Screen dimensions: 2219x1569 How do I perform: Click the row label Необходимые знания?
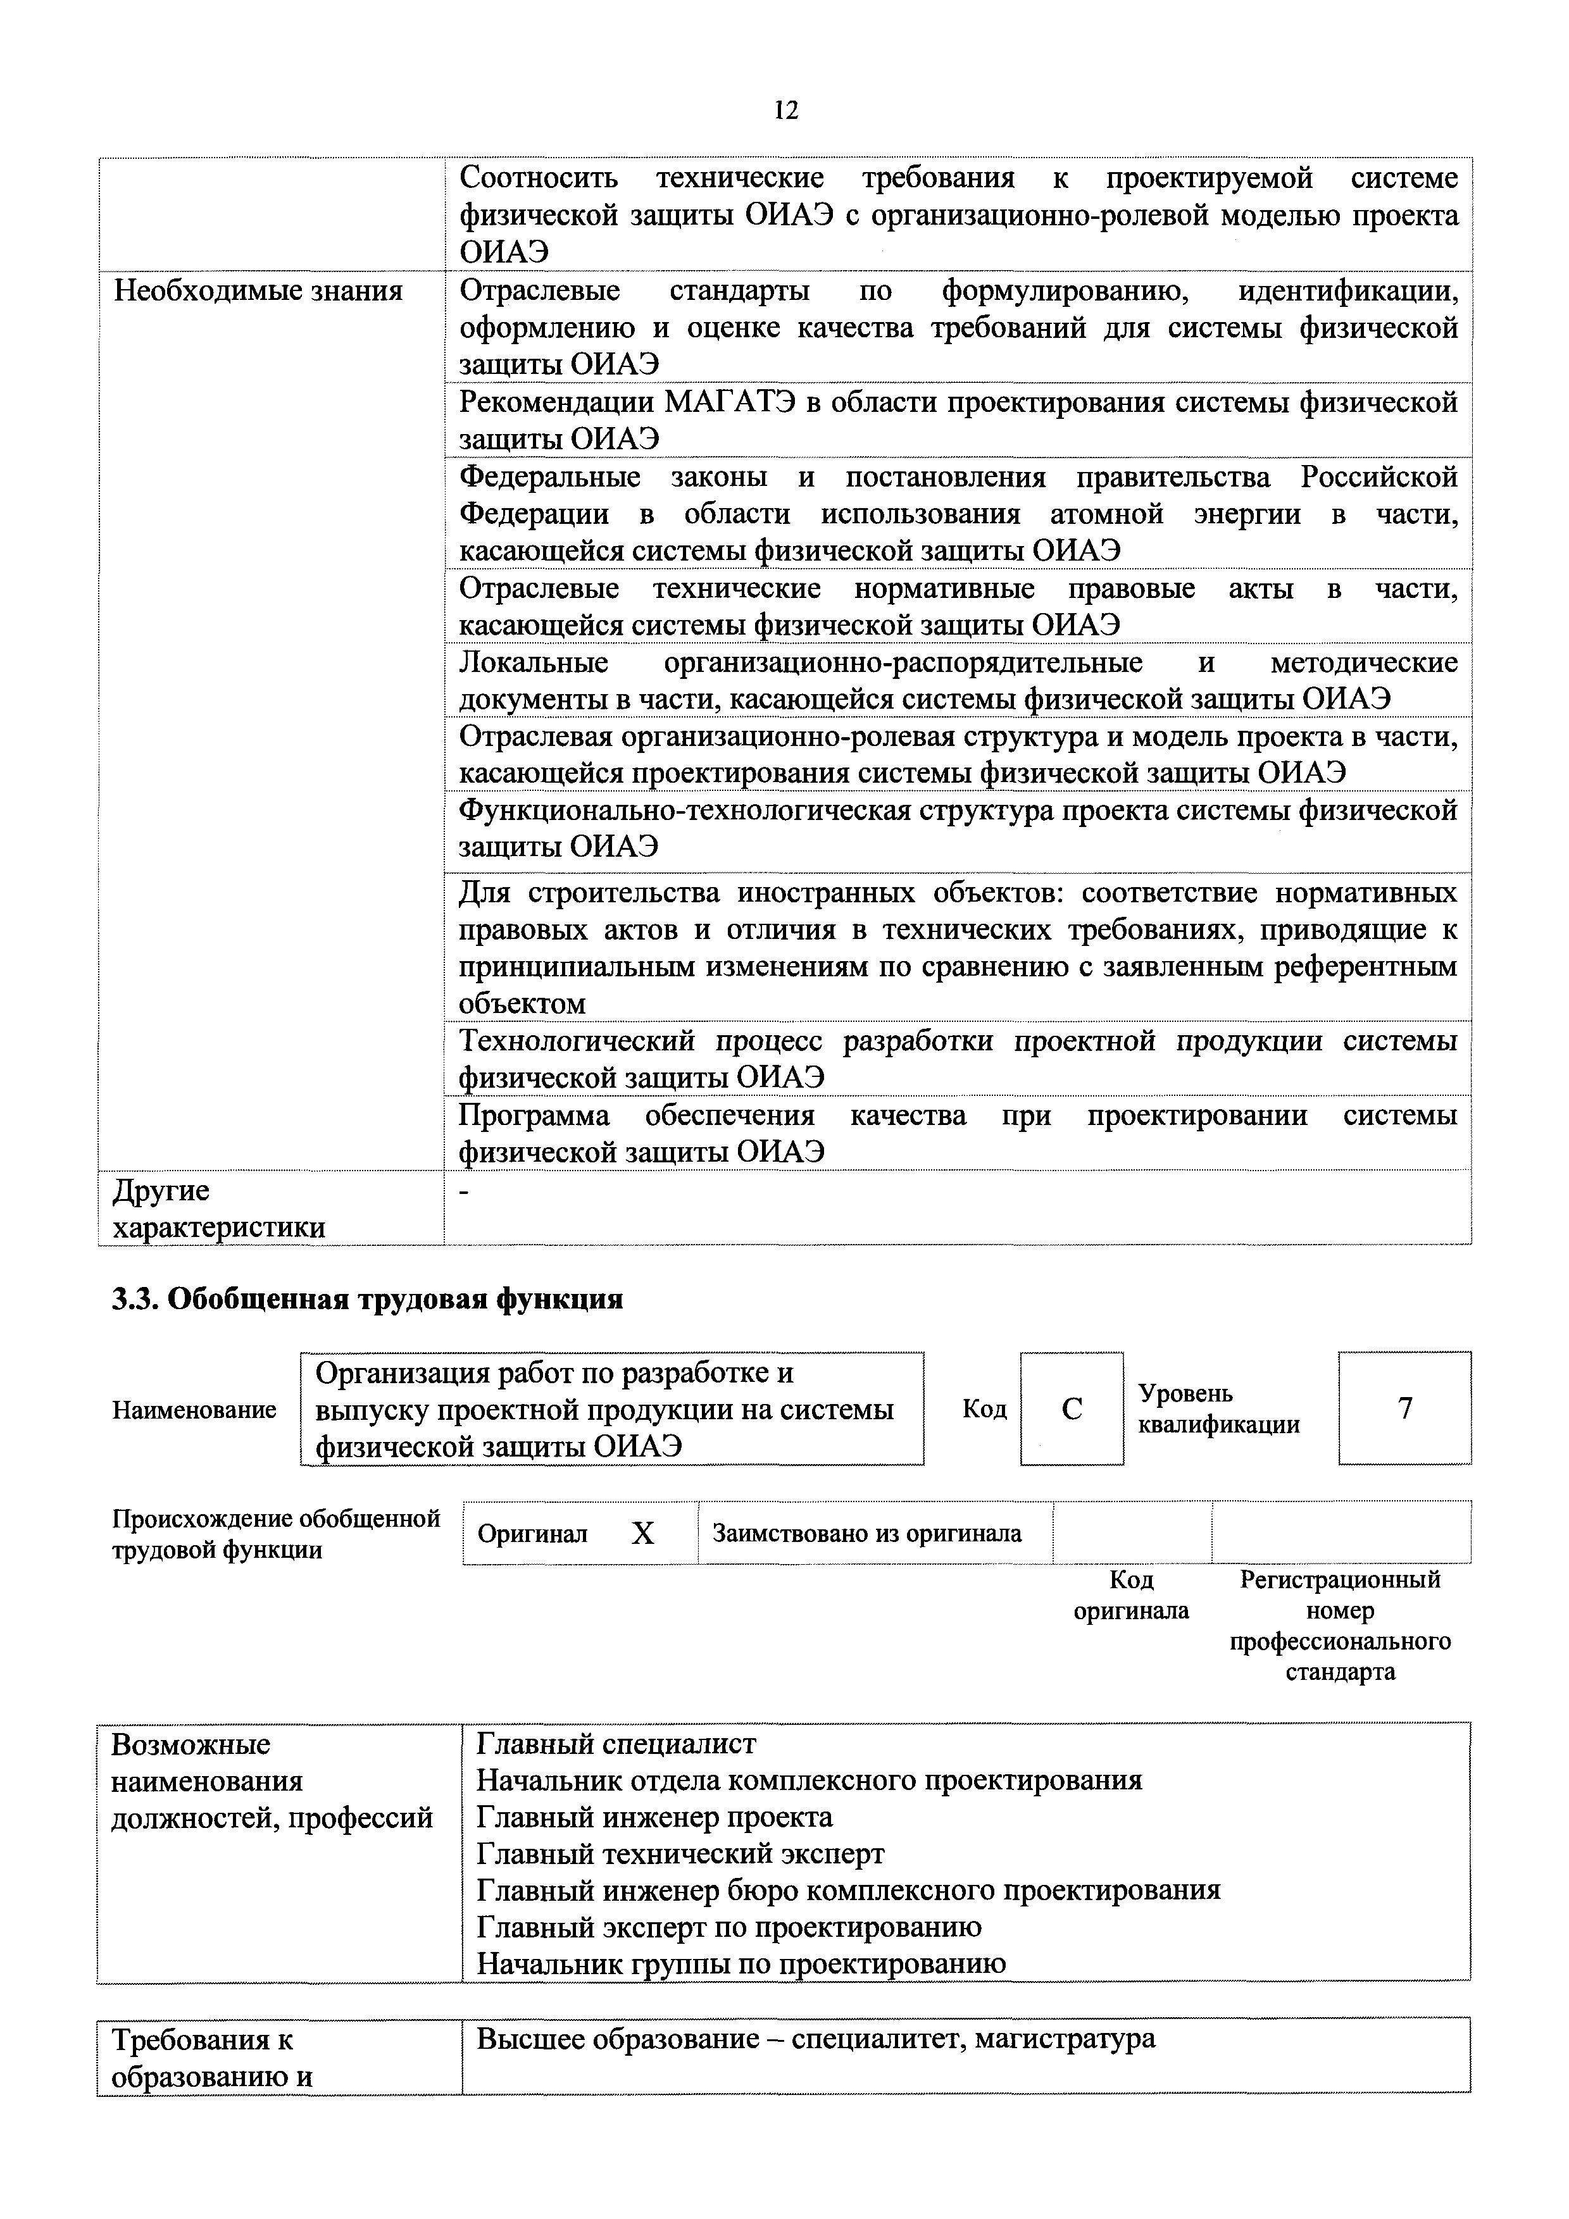258,291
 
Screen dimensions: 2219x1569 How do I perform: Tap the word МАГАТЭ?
729,402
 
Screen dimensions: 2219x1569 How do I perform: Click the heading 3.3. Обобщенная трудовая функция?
367,1299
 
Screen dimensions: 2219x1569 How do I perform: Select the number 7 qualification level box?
1404,1408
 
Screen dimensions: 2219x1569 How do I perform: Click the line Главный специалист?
616,1743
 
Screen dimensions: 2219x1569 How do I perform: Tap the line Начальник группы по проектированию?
742,1963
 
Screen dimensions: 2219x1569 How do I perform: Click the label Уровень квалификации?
1218,1408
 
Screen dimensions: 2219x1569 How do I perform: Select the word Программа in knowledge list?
534,1116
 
